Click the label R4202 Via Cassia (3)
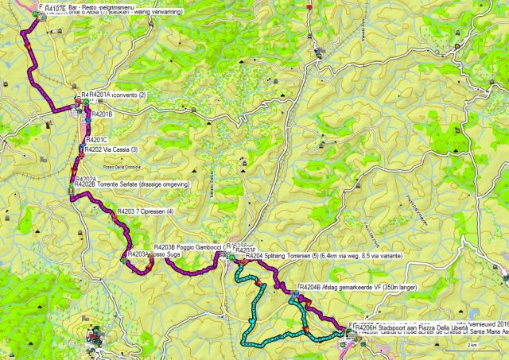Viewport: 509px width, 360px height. click(x=111, y=149)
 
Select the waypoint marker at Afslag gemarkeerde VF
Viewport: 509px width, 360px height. click(x=296, y=293)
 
